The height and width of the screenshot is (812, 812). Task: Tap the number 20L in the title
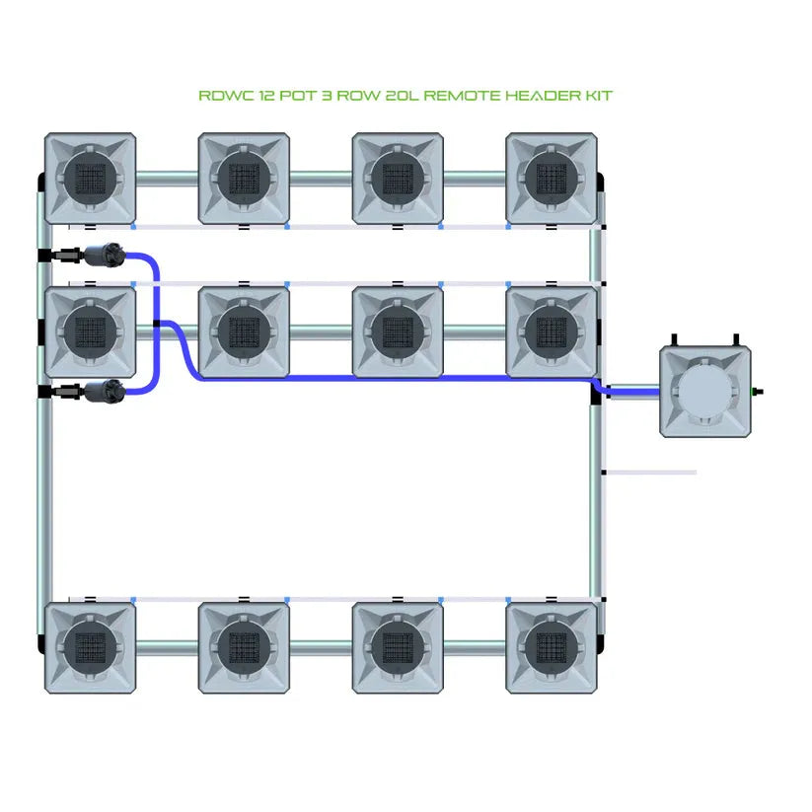405,96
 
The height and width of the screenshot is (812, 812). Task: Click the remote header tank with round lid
706,391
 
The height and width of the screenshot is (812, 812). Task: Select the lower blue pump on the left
105,393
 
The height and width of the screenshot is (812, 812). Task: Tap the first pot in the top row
90,179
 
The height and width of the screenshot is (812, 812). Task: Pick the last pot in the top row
551,179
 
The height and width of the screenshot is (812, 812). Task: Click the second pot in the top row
244,179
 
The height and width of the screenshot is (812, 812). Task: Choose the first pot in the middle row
90,332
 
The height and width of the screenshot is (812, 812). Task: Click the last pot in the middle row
551,332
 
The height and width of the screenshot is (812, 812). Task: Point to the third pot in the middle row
398,332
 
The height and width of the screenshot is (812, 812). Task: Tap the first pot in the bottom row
90,647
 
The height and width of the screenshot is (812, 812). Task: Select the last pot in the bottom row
551,647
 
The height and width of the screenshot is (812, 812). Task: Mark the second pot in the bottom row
244,647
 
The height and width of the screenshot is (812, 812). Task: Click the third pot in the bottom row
398,647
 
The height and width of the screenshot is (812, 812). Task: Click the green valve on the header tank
758,392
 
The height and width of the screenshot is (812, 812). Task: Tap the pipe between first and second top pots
167,179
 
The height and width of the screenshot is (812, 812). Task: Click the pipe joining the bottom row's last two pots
475,647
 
